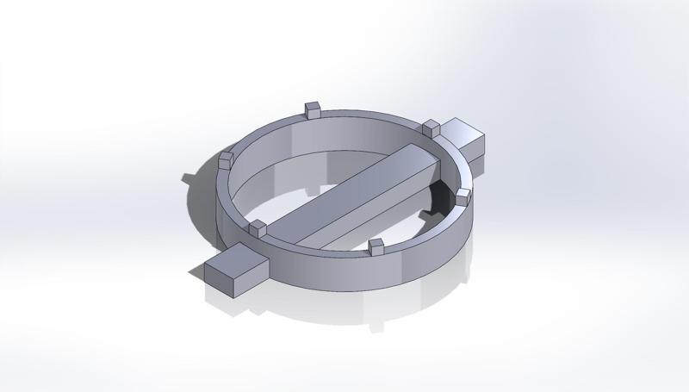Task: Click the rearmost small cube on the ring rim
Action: (313, 109)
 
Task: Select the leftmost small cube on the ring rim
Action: (227, 159)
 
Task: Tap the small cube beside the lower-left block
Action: (257, 228)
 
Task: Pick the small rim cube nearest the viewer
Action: (376, 247)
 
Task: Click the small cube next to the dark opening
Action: (462, 196)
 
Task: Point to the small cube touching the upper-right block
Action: (431, 128)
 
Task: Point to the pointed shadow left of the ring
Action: (188, 177)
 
